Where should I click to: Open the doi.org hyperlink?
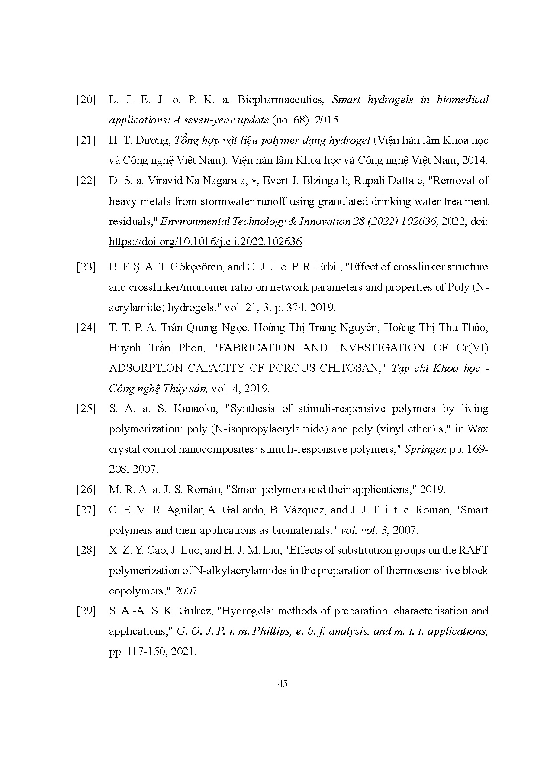tap(205, 242)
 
